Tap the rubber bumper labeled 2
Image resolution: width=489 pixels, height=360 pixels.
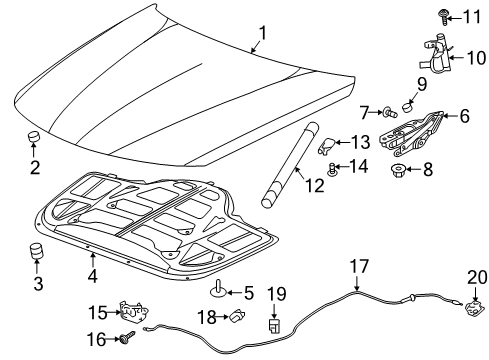point(35,137)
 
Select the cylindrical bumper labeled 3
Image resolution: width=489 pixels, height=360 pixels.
point(39,250)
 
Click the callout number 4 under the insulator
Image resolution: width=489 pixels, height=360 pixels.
point(91,275)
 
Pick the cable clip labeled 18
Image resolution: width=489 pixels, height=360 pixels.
point(236,317)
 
